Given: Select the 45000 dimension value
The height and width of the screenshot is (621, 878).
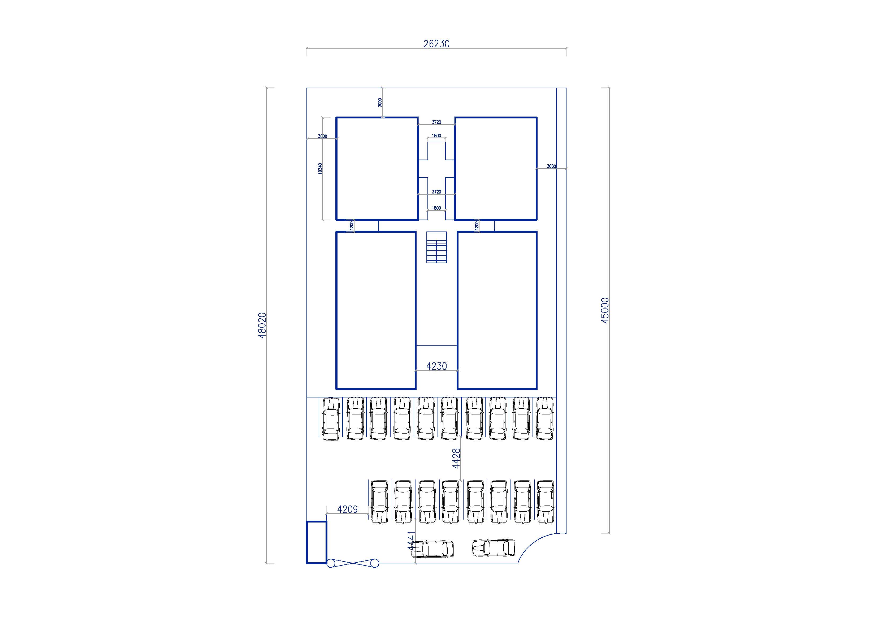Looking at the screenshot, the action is pos(605,310).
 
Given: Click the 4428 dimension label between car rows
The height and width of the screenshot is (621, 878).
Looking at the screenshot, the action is pos(456,459).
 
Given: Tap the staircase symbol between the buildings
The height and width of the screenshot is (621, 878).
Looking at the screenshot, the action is pos(436,247).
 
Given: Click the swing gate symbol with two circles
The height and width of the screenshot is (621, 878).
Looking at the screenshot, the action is pos(353,563).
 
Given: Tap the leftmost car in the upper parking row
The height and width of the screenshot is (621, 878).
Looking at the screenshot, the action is pos(331,419).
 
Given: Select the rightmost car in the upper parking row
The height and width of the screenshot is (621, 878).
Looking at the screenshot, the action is pos(544,418).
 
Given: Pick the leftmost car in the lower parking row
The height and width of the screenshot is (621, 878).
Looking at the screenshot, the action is pos(379,502).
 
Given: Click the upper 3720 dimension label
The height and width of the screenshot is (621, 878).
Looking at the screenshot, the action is pos(436,122).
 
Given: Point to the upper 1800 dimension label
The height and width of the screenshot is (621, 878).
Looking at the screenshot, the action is pos(436,135).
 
